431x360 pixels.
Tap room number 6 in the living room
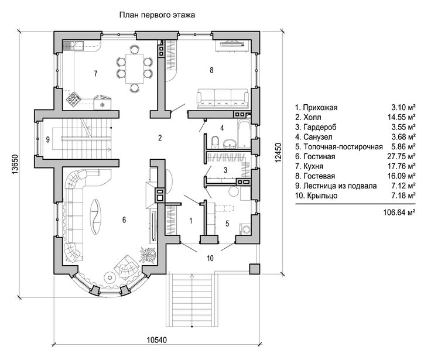pyautogui.click(x=124, y=220)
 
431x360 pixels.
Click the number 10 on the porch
pyautogui.click(x=210, y=258)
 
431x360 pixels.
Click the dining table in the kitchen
pyautogui.click(x=135, y=66)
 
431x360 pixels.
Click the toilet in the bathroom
pyautogui.click(x=215, y=140)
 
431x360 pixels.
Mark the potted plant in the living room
pyautogui.click(x=146, y=254)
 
